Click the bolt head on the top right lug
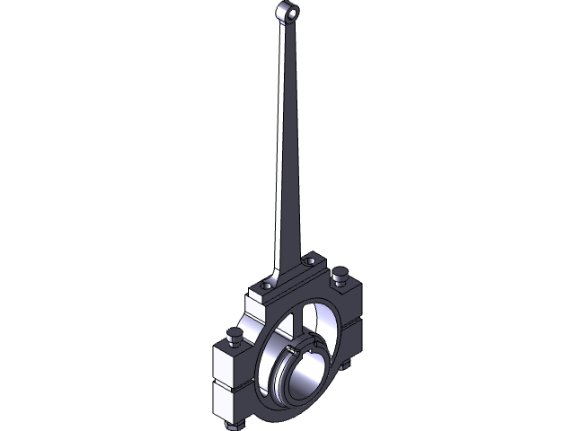[340, 273]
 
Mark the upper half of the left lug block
[231, 363]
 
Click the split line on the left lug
[231, 383]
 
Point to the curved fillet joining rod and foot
[275, 269]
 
